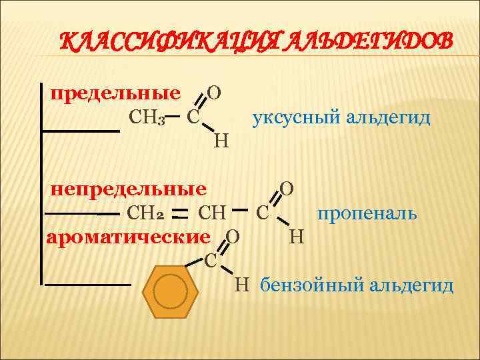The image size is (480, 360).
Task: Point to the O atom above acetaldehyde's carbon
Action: pos(215,93)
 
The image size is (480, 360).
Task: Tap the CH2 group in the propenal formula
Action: pos(145,214)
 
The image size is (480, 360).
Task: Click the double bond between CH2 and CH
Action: pos(179,213)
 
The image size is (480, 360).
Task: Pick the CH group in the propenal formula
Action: pos(213,214)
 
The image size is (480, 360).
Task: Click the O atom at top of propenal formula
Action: pos(287,189)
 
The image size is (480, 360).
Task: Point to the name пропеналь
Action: pos(367,213)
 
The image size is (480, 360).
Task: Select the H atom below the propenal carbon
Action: pos(297,236)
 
